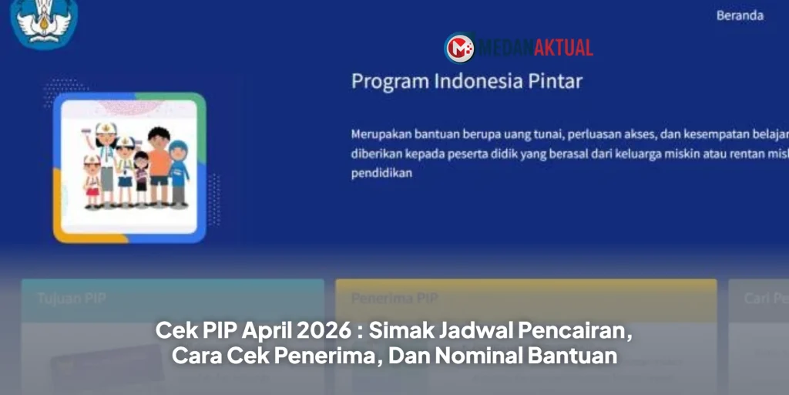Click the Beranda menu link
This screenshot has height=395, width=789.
[740, 15]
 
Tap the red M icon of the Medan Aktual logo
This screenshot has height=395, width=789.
[460, 48]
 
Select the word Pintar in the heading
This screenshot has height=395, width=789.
[556, 81]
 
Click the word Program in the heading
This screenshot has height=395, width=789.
[384, 81]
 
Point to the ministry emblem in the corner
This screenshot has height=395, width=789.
[45, 21]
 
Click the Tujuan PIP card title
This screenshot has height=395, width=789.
[72, 298]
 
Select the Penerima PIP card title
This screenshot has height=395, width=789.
[383, 298]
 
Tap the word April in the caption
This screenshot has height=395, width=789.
[267, 332]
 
